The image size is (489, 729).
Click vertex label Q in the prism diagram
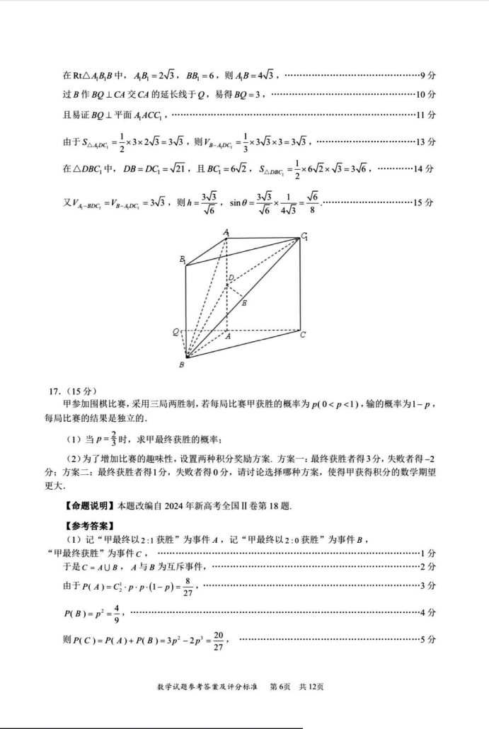point(175,331)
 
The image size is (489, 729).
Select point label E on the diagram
point(245,302)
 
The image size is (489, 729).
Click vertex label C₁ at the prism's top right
point(305,236)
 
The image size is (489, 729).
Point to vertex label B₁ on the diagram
point(182,260)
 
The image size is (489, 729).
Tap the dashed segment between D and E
point(235,291)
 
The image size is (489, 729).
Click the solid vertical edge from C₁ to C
point(299,283)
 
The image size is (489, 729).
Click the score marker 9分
point(427,75)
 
